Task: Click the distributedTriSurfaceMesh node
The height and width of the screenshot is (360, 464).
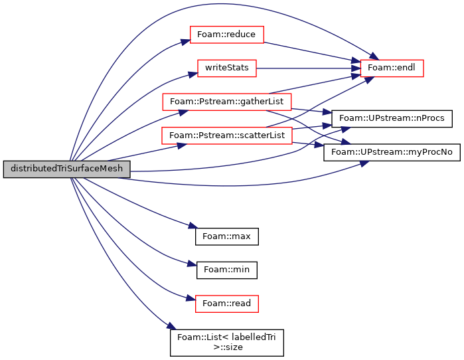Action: coord(66,169)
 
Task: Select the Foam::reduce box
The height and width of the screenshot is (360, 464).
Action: coord(226,35)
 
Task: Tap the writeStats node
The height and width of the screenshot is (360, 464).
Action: coord(226,68)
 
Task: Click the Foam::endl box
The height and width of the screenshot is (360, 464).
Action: coord(392,68)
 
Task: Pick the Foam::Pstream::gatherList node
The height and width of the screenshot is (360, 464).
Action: coord(226,102)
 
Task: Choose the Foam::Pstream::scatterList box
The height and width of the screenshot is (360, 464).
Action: coord(226,135)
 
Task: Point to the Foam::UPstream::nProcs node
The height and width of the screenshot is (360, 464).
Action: coord(392,119)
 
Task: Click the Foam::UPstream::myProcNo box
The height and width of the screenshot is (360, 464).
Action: coord(392,153)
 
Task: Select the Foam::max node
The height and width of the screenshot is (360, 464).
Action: coord(226,236)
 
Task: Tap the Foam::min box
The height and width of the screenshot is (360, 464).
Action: coord(226,270)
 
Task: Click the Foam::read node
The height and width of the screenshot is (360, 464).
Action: coord(226,304)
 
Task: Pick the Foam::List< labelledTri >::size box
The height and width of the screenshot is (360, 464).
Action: coord(226,343)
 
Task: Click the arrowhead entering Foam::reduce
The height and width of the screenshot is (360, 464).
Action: coord(186,41)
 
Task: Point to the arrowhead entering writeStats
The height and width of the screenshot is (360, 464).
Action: coord(193,74)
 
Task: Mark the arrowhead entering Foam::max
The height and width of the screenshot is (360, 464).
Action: coord(193,226)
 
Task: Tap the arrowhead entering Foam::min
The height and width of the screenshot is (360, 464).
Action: coord(192,264)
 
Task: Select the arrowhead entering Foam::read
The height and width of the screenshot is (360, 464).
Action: coord(191,298)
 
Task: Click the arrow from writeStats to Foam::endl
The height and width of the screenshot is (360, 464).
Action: coord(309,68)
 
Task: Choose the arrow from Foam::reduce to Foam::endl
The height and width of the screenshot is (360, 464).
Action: coord(312,52)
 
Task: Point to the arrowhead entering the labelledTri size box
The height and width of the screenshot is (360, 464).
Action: coord(172,326)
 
